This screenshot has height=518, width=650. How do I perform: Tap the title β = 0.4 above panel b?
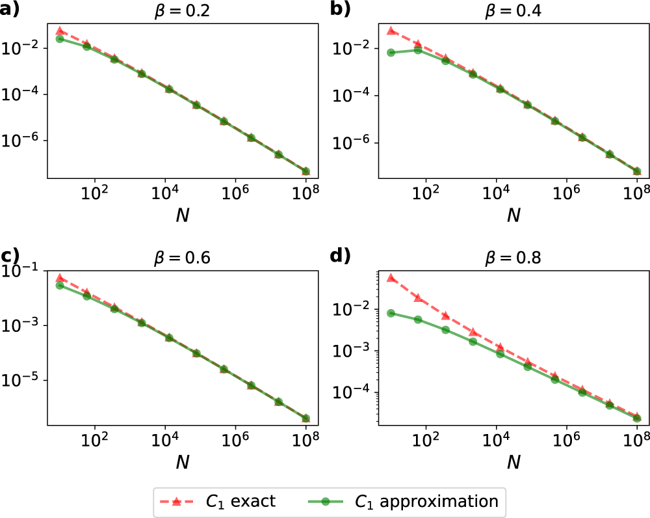coord(513,11)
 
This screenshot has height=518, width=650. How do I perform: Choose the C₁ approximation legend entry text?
coord(426,502)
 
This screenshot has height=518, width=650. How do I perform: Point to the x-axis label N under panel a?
coord(182,214)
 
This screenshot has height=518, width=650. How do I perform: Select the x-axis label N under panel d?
coord(513,461)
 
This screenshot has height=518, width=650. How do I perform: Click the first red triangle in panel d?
coord(391,278)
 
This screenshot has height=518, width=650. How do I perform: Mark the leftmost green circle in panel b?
coord(391,53)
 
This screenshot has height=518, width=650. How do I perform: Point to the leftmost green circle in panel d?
coord(391,313)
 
